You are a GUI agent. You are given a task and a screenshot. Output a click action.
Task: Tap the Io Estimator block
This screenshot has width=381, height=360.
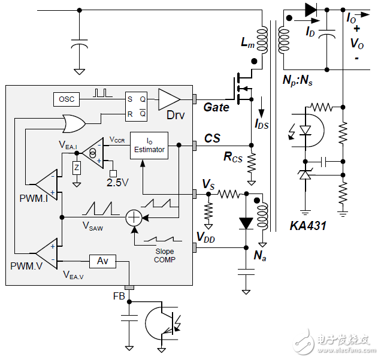(149, 146)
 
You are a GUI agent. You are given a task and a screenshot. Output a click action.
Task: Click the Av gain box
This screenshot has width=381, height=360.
(102, 261)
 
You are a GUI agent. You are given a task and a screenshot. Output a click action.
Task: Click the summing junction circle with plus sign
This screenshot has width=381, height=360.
(134, 218)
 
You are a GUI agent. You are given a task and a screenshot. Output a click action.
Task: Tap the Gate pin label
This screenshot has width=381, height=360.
(216, 108)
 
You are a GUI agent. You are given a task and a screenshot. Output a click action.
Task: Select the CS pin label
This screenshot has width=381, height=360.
(213, 138)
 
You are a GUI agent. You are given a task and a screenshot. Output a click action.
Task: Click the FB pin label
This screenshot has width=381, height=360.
(120, 296)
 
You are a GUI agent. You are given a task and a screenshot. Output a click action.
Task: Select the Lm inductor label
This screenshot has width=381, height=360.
(247, 43)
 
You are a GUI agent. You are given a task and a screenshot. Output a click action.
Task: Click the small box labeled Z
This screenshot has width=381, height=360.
(76, 169)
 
